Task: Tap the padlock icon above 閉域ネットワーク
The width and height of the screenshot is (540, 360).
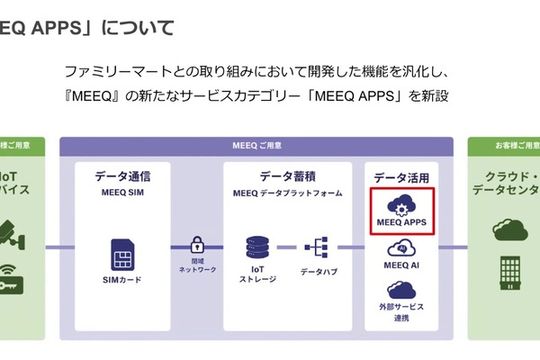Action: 198,244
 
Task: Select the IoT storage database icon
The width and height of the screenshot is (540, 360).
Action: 258,247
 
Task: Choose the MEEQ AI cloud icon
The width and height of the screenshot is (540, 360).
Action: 400,248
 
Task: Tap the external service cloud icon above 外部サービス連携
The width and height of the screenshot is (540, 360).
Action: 400,291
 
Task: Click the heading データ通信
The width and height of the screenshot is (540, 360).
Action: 122,176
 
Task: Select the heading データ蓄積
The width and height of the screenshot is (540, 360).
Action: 288,176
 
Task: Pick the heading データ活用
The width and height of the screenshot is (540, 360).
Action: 401,178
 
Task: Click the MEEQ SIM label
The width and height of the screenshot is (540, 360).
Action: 122,193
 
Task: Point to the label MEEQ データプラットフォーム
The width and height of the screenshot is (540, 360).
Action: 288,193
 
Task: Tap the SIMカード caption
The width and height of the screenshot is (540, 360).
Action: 122,280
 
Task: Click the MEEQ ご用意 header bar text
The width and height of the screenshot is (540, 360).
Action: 256,145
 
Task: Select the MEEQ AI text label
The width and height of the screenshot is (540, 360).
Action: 401,265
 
